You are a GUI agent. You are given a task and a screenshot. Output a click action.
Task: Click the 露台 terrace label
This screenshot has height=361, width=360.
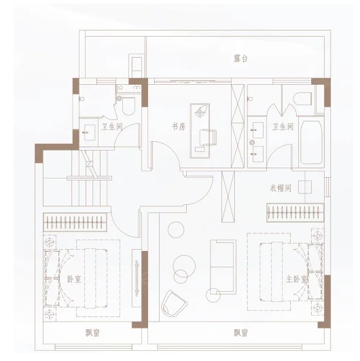pos(240,59)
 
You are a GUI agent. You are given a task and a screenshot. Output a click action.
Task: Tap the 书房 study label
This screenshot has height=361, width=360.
pos(179,126)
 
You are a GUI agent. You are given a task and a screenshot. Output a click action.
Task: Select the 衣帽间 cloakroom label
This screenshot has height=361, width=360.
pos(281,188)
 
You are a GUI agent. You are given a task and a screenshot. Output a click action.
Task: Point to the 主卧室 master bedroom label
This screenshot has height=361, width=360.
pos(297,279)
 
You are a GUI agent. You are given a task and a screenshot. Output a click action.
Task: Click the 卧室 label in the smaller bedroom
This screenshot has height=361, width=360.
pos(74,279)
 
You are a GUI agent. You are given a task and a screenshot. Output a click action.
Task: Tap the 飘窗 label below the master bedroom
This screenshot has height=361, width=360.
pos(240,333)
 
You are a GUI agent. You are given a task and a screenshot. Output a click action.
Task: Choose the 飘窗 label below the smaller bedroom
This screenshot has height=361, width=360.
pos(92,333)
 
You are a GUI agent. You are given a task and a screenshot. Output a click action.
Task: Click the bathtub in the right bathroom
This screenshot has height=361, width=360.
pos(311,142)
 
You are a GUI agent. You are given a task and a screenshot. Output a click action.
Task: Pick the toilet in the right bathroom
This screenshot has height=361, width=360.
pos(303,98)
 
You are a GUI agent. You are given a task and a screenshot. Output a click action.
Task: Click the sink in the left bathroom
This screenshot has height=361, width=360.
pos(90,132)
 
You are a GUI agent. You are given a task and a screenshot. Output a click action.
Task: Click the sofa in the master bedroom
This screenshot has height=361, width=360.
pos(223,267)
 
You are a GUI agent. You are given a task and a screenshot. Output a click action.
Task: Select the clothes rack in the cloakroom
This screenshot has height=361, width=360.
pos(295,212)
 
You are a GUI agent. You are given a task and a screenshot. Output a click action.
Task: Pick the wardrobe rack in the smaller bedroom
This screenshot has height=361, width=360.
pos(75,222)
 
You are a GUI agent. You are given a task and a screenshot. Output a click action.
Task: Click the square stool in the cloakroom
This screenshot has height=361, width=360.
pos(305,187)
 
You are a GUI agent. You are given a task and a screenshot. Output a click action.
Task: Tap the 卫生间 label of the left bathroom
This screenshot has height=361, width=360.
pos(112,126)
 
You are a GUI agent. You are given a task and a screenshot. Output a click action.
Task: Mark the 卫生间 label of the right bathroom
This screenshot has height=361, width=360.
pos(283,126)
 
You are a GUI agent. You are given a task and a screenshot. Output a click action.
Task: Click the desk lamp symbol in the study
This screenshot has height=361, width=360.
pos(200,112)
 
